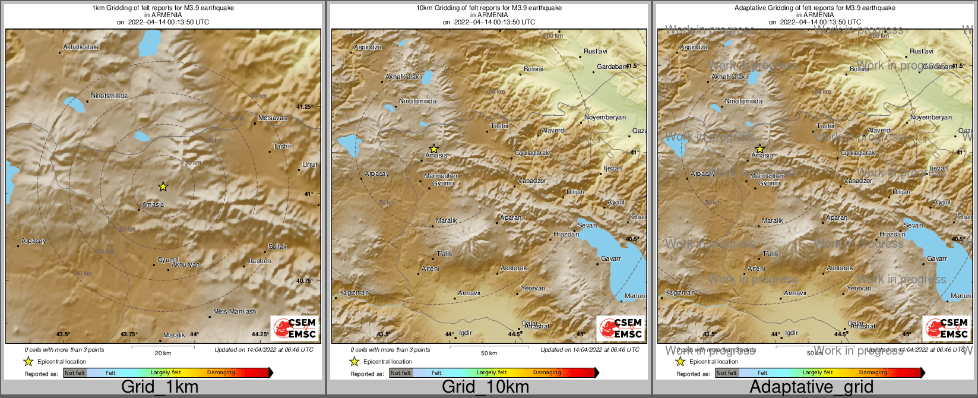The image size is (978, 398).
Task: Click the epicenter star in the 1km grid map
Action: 163,187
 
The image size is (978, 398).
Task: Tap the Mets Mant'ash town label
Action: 235,311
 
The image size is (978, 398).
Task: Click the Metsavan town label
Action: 273,118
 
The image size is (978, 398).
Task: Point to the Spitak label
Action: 277,247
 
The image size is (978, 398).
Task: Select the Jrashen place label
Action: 259,261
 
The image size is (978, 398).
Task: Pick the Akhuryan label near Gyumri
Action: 186,264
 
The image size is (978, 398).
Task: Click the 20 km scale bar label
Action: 163,353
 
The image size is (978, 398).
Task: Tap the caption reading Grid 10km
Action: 485,387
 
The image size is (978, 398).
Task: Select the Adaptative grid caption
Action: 811,387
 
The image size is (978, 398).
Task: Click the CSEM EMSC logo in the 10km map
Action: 621,328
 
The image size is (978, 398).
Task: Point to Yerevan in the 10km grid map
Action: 533,288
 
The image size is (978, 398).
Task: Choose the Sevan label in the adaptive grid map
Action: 913,225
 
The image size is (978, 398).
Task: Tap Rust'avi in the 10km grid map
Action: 596,51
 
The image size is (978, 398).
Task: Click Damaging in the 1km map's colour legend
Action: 221,372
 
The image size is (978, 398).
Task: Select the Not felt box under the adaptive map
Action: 726,372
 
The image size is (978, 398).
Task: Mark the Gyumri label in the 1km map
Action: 168,260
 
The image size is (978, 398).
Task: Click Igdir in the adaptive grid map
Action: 792,333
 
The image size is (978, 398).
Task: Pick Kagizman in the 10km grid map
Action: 354,292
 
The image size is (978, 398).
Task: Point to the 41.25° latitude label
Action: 304,106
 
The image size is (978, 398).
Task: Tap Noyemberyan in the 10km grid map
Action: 605,117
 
